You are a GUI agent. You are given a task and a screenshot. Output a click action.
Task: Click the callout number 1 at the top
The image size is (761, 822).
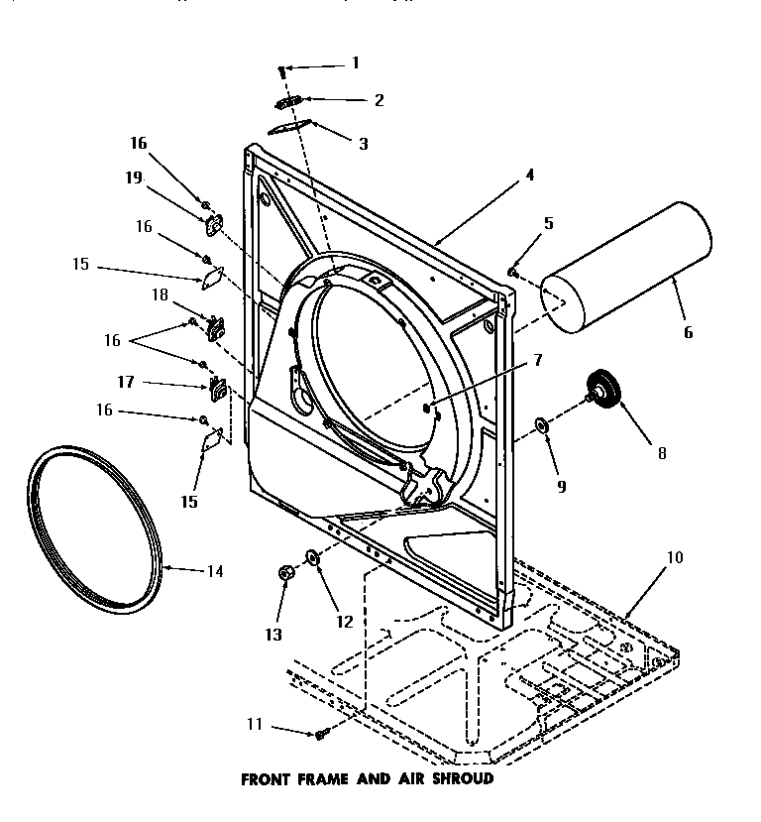click(x=354, y=63)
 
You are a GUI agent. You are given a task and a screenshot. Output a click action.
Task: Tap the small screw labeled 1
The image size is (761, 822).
click(x=282, y=70)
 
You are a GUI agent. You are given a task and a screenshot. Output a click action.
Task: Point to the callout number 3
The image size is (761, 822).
click(x=364, y=144)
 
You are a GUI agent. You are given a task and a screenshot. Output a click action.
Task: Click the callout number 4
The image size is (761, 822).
click(x=530, y=175)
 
